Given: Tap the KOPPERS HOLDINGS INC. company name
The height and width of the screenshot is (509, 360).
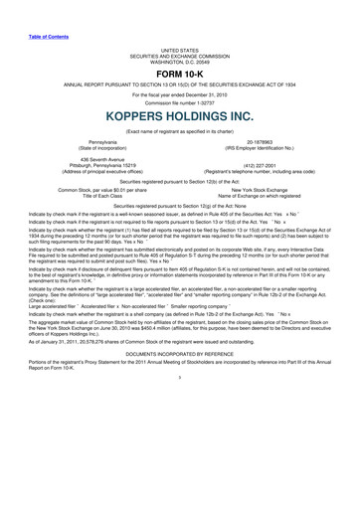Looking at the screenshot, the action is [x=180, y=116].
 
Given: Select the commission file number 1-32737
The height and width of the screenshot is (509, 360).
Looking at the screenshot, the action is [x=180, y=101].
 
